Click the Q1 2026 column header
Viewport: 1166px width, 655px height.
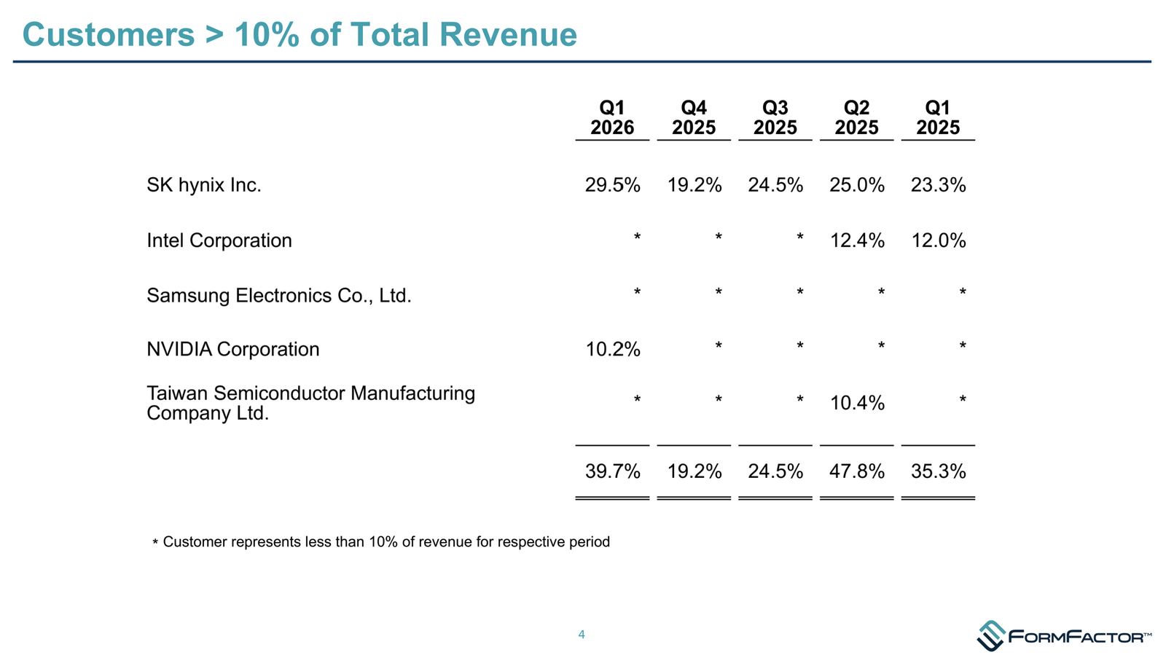(x=612, y=117)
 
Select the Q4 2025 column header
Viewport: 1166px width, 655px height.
(x=694, y=117)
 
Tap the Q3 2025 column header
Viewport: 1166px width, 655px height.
(x=775, y=117)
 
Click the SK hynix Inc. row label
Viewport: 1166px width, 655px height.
(x=203, y=185)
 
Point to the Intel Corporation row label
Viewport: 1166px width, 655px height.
(x=219, y=240)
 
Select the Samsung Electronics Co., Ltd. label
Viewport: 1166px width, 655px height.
(x=279, y=296)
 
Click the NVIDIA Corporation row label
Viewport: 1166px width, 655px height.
(x=232, y=349)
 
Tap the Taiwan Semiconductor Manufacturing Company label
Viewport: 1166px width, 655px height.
(x=310, y=403)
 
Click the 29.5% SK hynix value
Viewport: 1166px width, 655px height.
(x=613, y=185)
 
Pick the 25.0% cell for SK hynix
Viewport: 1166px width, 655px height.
(x=857, y=185)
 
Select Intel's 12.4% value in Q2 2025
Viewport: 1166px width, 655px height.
(x=857, y=240)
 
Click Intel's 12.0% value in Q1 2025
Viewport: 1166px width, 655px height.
(x=939, y=240)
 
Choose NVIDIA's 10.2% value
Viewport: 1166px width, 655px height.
(x=613, y=349)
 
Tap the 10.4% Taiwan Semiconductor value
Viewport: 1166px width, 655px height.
(x=857, y=403)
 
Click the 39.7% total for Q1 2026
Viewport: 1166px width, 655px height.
(x=613, y=471)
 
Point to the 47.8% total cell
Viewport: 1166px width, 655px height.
(x=857, y=471)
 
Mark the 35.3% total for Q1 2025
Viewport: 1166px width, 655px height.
(x=939, y=471)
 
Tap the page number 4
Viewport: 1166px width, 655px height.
(x=582, y=635)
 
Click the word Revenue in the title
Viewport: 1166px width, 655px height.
(x=508, y=34)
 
